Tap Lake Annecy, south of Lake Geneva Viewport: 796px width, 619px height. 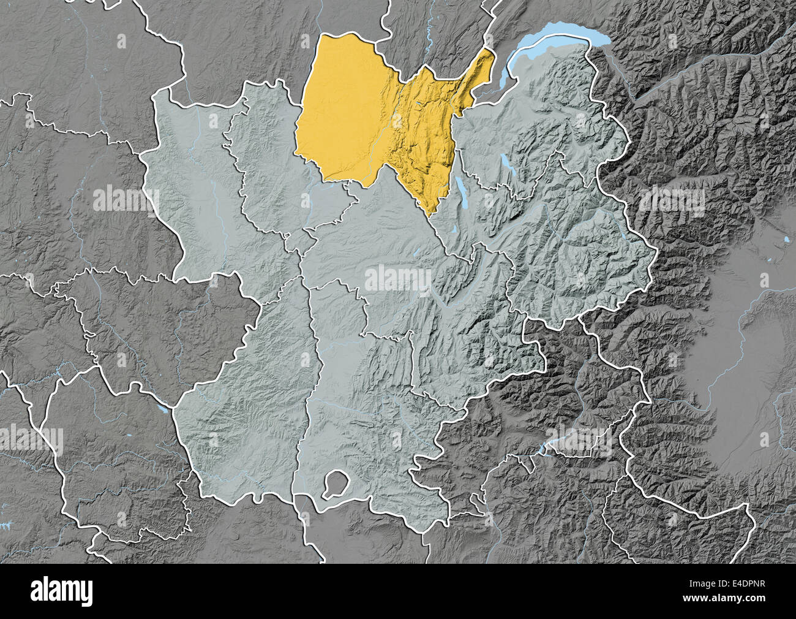[506, 164]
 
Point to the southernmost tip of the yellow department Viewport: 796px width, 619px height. [430, 215]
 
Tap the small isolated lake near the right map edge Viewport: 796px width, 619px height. [786, 238]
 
